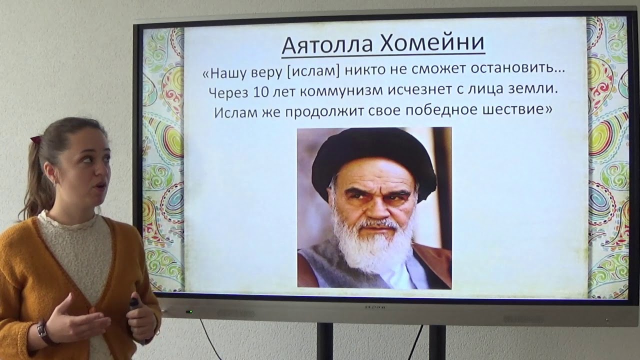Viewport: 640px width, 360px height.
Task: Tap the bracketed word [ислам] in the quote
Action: click(310, 72)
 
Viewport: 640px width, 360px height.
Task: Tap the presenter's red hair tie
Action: click(35, 139)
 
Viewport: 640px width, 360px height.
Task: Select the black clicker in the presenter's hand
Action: click(134, 303)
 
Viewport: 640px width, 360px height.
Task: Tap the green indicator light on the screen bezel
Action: click(189, 312)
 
